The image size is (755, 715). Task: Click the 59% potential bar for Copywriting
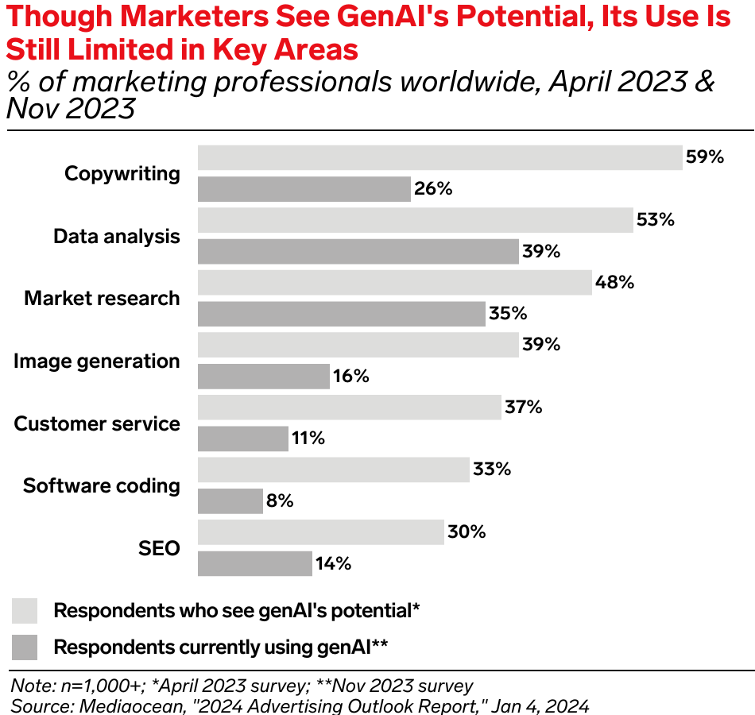pos(439,157)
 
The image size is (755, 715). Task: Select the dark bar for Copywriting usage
pos(304,189)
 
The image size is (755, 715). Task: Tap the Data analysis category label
pos(117,236)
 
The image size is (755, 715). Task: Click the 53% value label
pos(656,220)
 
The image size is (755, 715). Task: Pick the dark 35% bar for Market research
pos(341,314)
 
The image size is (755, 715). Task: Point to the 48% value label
pos(615,282)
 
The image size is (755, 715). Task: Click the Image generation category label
pos(97,361)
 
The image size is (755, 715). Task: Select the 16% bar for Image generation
pos(263,377)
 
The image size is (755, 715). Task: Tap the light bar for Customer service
pos(349,408)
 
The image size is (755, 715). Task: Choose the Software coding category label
pos(102,485)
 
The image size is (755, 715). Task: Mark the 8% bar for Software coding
pos(230,501)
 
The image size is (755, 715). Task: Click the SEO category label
pos(160,548)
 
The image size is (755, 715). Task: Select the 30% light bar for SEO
pos(320,532)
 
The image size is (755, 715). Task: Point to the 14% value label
pos(332,564)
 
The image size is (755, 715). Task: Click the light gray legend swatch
pos(25,611)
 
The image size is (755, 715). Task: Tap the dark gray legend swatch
pos(25,647)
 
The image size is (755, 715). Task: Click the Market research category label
pos(103,299)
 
